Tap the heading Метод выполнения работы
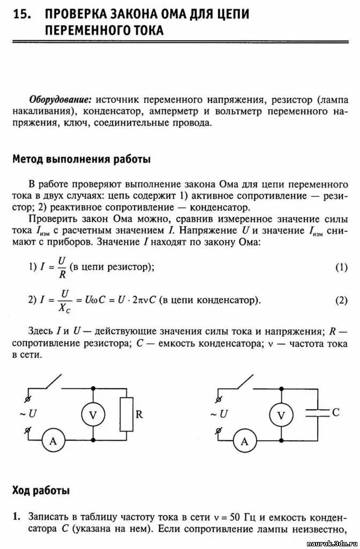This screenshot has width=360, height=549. (81, 159)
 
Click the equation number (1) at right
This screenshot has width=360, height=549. (341, 267)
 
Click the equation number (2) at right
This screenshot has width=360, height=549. (341, 300)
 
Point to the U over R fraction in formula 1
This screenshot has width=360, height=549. (62, 267)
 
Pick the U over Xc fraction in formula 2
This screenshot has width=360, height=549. (66, 300)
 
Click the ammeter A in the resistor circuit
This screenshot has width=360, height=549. (52, 441)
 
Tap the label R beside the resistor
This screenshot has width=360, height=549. (139, 414)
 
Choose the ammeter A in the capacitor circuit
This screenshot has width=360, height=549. (245, 441)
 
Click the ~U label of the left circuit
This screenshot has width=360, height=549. (28, 414)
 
